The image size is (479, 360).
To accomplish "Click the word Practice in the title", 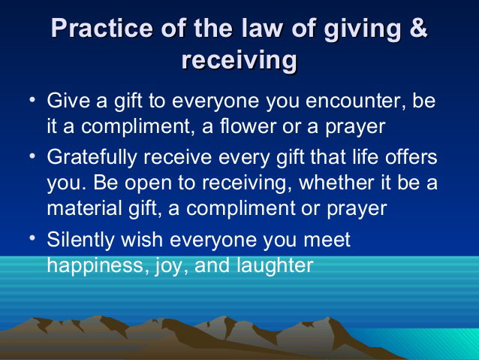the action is [101, 28].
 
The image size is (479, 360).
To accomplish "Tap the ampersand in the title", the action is [418, 28].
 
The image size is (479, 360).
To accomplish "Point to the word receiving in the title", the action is [239, 60].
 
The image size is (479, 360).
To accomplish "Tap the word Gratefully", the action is [92, 158].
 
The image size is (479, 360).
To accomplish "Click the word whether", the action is [336, 183].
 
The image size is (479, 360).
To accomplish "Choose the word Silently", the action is [80, 240].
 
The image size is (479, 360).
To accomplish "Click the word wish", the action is [142, 239].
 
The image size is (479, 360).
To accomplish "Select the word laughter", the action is [275, 265].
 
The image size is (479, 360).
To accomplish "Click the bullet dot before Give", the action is [32, 99].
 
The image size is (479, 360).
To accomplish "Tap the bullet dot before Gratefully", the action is [32, 156].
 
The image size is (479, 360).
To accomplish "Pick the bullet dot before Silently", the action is [32, 237].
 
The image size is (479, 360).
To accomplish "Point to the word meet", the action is [327, 240].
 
